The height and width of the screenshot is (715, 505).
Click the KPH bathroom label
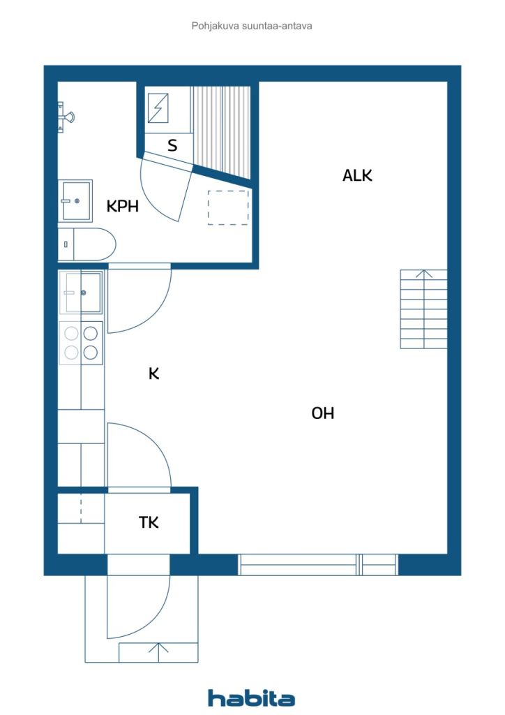click(123, 206)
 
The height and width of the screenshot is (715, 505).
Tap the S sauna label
click(172, 145)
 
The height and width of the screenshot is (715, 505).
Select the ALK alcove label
click(357, 175)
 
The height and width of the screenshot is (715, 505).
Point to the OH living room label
click(323, 413)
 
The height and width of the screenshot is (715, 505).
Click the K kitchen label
click(154, 374)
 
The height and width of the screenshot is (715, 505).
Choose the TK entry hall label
click(149, 522)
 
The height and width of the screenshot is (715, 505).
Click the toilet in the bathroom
click(87, 244)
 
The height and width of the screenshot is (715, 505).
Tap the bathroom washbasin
click(75, 200)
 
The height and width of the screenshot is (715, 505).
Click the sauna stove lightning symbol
click(158, 108)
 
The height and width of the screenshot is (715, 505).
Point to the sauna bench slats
click(222, 132)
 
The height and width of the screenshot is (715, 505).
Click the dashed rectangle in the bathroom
click(228, 207)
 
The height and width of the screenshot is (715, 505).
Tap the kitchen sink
click(81, 293)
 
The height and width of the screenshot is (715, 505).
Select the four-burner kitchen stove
click(81, 343)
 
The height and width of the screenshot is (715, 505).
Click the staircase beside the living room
click(423, 309)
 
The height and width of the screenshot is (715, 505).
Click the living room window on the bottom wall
click(318, 564)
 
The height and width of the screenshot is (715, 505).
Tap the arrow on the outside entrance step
click(158, 653)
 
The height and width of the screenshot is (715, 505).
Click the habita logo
click(251, 698)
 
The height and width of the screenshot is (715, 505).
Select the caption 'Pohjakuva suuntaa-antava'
click(252, 26)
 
